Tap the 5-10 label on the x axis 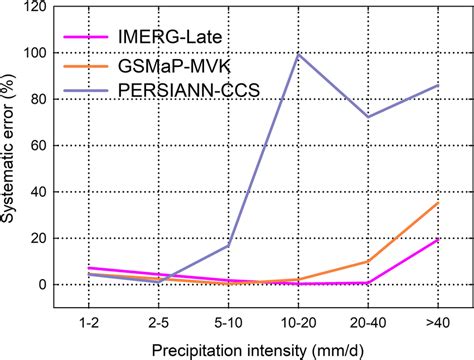coord(228,323)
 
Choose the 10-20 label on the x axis coord(298,323)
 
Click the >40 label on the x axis coord(439,323)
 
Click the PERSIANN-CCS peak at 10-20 coord(298,55)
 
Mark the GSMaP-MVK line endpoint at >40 coord(439,202)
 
